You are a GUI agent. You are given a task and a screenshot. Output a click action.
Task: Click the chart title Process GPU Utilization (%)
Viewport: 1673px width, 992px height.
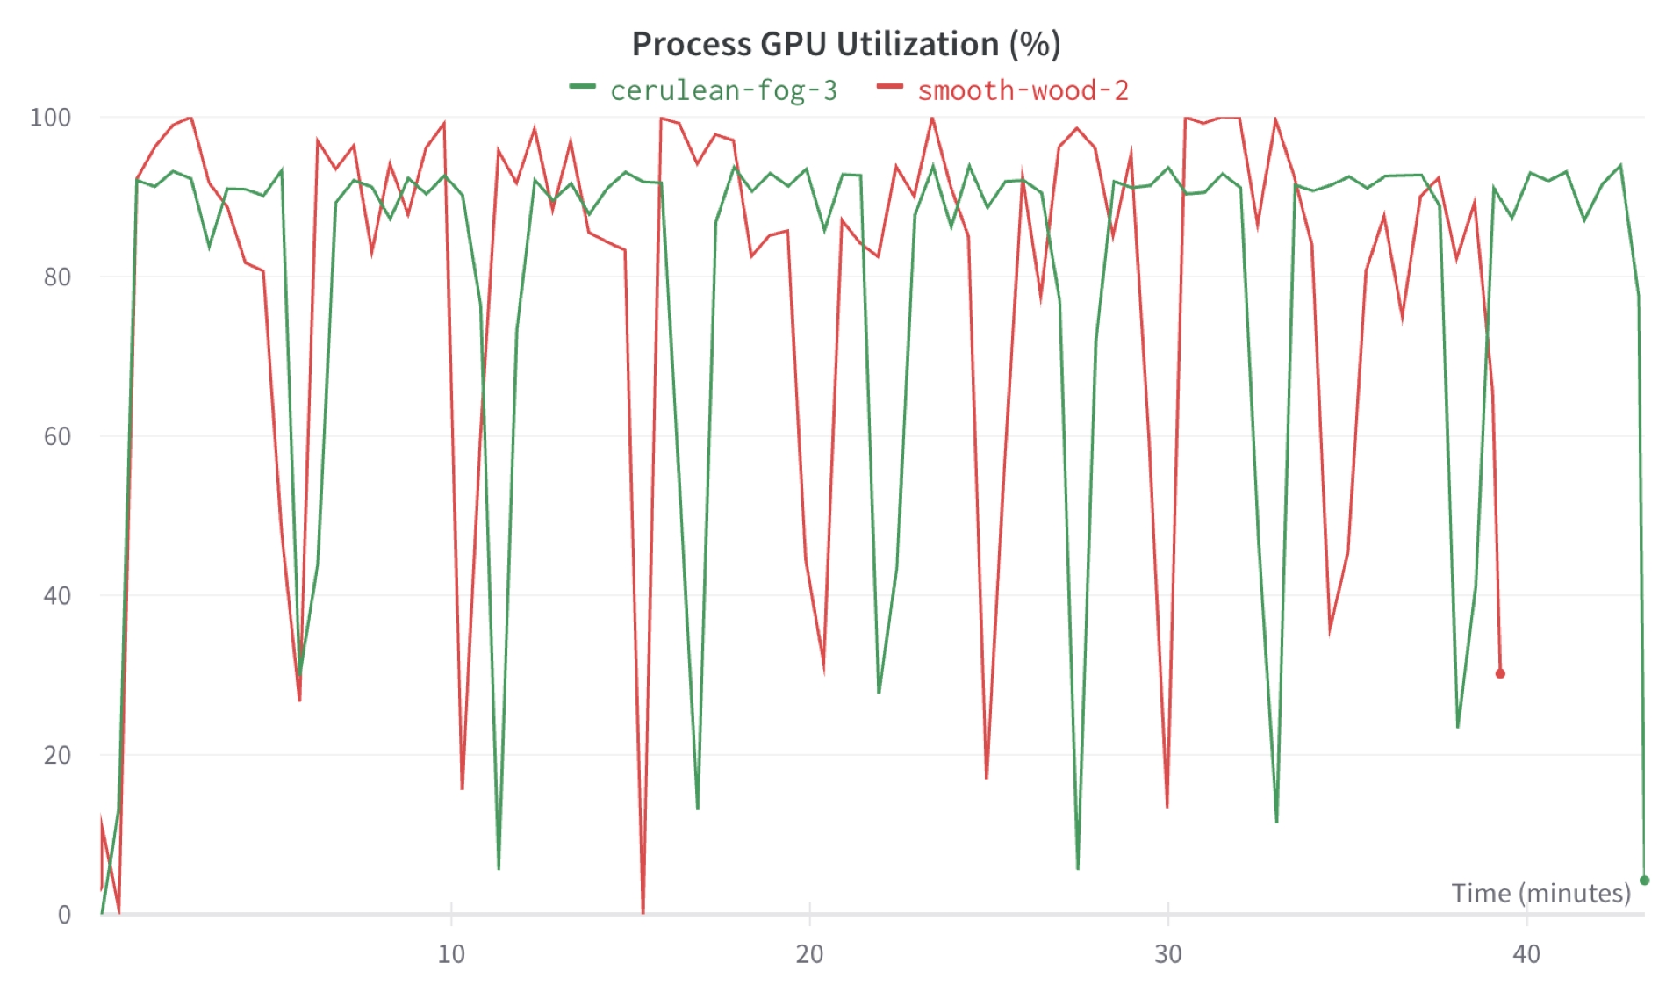point(845,44)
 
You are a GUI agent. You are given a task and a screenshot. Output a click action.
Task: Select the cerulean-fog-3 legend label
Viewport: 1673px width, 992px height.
point(723,90)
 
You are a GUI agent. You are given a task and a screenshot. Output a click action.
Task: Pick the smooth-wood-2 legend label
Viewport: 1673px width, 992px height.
point(1023,90)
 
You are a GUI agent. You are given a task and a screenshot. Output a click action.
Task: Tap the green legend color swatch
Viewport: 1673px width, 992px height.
point(582,87)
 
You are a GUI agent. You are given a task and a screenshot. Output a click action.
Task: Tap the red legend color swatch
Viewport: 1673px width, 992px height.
point(889,87)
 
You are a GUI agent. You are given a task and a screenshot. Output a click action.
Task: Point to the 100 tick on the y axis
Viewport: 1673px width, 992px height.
point(50,118)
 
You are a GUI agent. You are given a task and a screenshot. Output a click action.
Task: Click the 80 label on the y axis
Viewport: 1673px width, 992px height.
point(57,277)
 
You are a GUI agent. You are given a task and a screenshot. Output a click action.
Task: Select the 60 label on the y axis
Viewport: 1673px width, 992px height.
point(57,436)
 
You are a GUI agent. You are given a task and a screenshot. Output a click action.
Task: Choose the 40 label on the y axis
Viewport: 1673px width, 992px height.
point(57,596)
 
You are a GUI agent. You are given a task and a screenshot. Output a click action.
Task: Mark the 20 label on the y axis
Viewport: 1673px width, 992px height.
point(57,755)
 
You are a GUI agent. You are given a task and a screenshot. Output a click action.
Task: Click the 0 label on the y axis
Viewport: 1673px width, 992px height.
point(64,915)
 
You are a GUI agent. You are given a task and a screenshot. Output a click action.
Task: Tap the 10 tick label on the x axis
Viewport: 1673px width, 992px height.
point(451,954)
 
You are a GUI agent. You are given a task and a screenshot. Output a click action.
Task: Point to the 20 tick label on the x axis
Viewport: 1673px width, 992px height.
point(809,954)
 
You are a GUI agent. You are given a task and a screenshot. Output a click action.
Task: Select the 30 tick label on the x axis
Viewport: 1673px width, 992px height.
point(1167,954)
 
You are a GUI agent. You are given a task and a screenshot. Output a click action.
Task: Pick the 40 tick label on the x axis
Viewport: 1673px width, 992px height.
point(1526,954)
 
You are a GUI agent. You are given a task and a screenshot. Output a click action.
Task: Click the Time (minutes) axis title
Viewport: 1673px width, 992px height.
point(1540,893)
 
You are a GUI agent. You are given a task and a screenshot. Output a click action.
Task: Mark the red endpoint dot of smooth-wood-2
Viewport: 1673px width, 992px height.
point(1500,673)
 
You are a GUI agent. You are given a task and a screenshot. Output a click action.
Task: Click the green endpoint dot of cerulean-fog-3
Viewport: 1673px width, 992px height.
point(1644,880)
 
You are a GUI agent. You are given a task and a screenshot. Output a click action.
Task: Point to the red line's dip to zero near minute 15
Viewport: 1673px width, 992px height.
point(643,911)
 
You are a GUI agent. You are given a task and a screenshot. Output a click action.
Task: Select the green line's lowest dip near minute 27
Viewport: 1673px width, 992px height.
point(1078,867)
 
